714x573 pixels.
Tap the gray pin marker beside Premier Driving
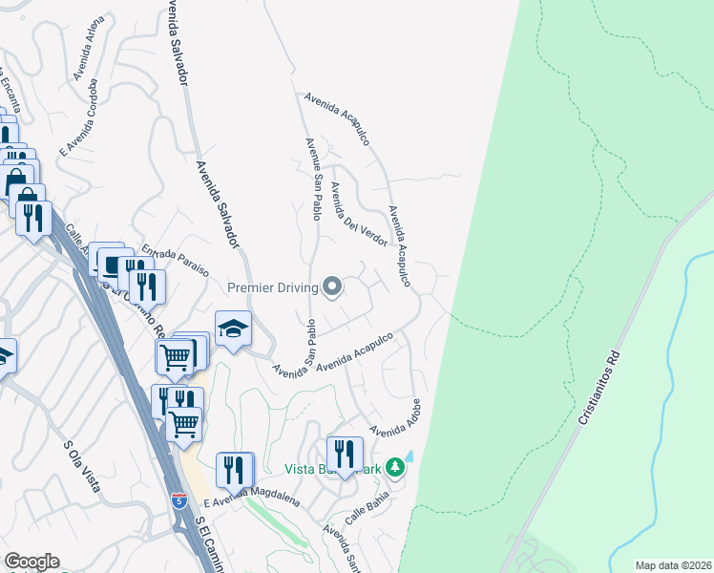(333, 286)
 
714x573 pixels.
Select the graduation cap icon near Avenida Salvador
(233, 329)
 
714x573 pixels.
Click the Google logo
(31, 562)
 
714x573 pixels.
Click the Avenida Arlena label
(88, 55)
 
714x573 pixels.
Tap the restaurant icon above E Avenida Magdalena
(234, 469)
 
